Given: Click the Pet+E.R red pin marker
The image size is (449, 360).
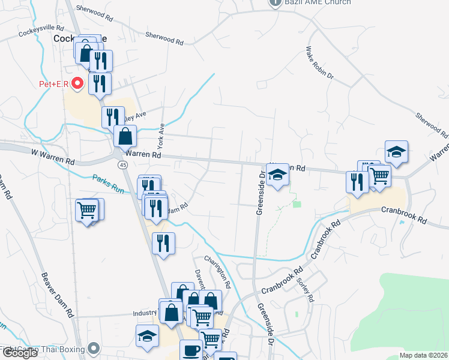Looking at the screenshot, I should click(77, 83).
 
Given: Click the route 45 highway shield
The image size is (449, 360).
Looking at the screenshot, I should click(122, 164).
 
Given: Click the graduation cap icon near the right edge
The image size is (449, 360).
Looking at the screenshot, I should click(396, 152).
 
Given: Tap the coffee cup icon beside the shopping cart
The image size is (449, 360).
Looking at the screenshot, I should click(191, 350).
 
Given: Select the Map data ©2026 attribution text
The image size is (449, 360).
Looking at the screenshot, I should click(423, 355).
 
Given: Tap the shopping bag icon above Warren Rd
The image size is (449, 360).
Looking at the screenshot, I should click(125, 137).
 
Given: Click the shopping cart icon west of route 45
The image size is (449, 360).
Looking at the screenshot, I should click(87, 211).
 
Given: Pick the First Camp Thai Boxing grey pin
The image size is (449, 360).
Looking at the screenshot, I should click(93, 349).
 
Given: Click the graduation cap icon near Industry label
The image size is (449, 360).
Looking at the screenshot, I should click(147, 337).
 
